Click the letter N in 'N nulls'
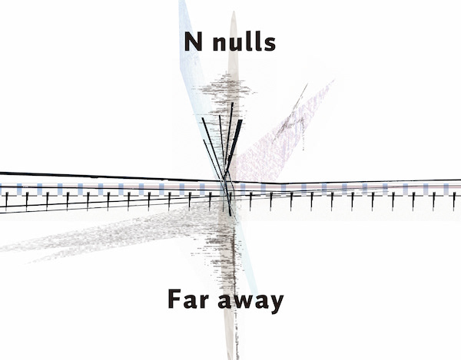click(193, 42)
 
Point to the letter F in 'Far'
click(174, 299)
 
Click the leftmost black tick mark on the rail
click(7, 200)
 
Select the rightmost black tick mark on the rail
click(453, 199)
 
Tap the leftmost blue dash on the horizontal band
click(2, 187)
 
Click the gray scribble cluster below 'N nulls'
click(224, 92)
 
